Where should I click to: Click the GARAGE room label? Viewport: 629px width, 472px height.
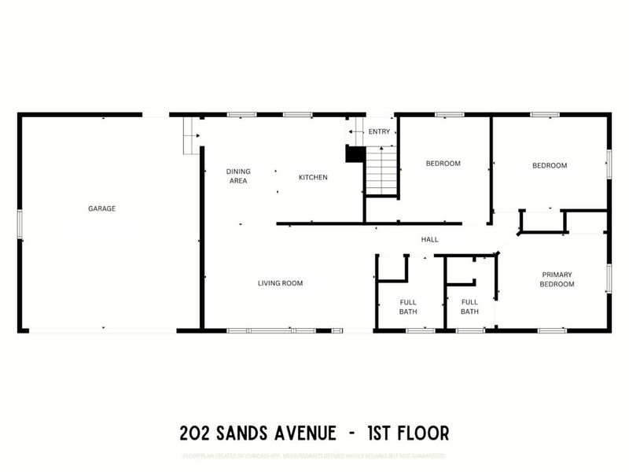pos(101,208)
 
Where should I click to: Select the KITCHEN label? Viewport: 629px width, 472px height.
pos(312,178)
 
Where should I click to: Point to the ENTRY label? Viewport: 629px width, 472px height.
pos(378,131)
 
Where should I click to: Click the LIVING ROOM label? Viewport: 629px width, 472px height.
pos(280,283)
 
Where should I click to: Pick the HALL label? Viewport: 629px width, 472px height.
pos(429,239)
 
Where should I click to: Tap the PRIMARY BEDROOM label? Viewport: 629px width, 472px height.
pos(557,279)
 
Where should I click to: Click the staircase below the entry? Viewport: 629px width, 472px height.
pos(382,171)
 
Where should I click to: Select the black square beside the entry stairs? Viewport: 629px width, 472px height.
pos(355,154)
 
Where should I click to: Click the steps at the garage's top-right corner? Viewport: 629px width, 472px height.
pos(189,135)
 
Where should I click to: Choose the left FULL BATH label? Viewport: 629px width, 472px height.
pos(407,307)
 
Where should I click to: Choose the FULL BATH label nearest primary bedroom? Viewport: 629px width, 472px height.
pos(469,307)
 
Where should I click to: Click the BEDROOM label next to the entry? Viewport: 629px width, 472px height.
pos(443,164)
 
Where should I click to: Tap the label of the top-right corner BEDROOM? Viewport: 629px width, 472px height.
pos(549,165)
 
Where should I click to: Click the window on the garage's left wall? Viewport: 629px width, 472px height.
pos(20,223)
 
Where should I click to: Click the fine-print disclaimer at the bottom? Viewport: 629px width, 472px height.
pos(314,455)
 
